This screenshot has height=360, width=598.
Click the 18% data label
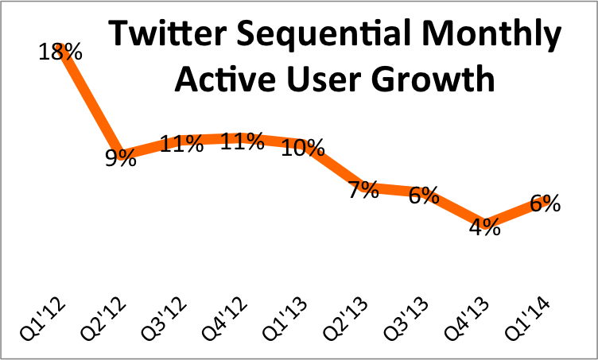point(60,52)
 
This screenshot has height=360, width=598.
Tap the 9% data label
point(121,157)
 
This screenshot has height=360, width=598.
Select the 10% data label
point(303,148)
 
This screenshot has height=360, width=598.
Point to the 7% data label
point(363,191)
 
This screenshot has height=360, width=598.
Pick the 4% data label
point(483,227)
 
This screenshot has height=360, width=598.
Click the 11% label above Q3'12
point(181,145)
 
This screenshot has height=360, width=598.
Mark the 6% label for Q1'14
point(544,203)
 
